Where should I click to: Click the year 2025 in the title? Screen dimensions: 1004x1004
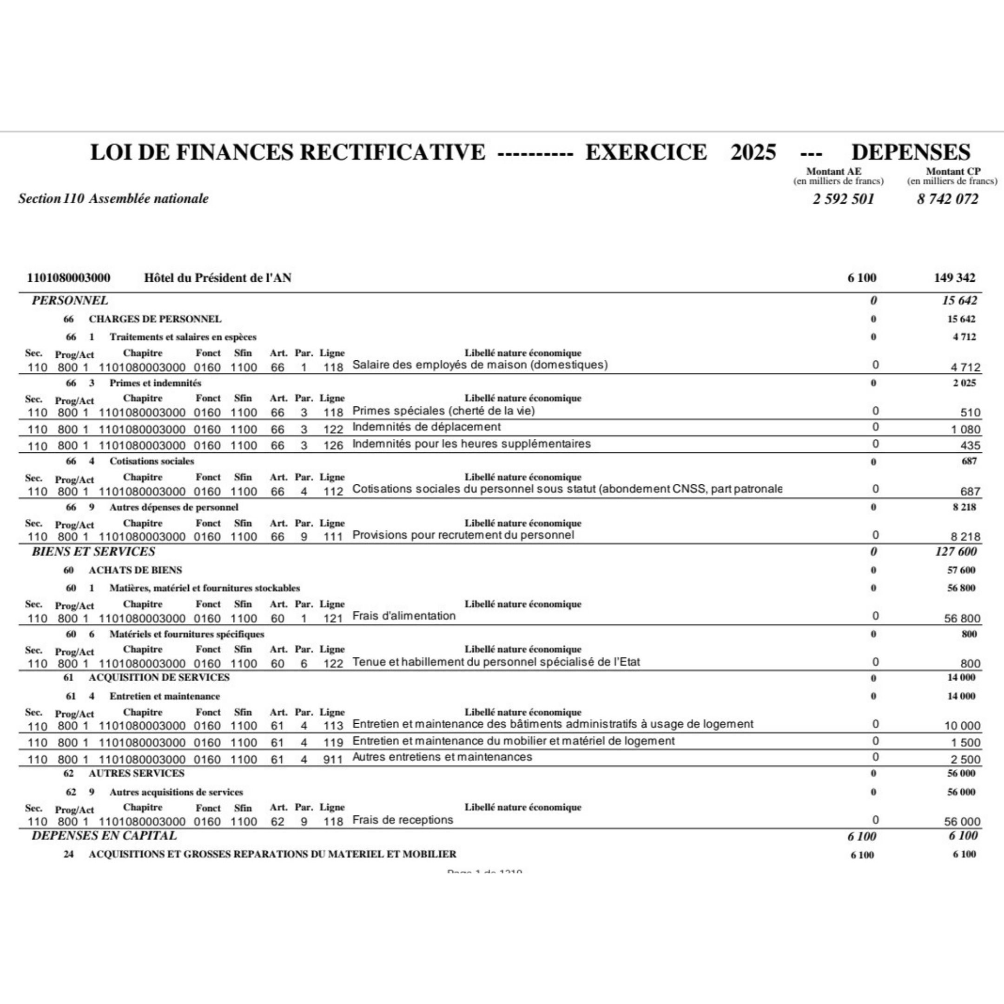tap(753, 152)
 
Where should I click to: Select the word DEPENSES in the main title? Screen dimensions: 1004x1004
tap(911, 152)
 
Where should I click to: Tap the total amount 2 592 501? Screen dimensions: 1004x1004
tap(844, 199)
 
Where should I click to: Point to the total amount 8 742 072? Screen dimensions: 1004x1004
tap(947, 199)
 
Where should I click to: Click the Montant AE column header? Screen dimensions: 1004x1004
tap(833, 171)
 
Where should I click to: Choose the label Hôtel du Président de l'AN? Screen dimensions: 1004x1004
tap(217, 278)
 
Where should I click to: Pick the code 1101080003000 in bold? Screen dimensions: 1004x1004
tap(69, 278)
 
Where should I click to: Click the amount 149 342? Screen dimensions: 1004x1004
tap(954, 278)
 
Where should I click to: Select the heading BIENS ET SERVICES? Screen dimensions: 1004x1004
tap(93, 551)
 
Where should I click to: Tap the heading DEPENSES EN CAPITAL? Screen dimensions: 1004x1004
tap(104, 835)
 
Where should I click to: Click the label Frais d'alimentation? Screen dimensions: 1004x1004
tap(404, 616)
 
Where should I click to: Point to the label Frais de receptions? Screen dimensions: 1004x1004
tap(403, 819)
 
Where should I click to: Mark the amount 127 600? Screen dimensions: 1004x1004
tap(956, 551)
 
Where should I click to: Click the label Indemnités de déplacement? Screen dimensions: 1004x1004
tap(426, 427)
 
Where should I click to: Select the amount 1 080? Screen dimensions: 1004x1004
tap(965, 430)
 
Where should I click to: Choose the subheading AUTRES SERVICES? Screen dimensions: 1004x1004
tap(136, 773)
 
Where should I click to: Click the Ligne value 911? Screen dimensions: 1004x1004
tap(333, 760)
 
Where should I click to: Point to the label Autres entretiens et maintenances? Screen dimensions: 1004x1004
tap(442, 757)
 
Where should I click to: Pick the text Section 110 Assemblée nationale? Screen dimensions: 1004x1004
tap(113, 198)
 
